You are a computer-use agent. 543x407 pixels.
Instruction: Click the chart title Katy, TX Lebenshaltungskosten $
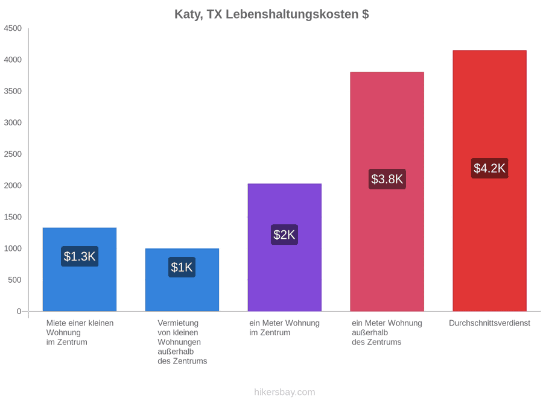pyautogui.click(x=271, y=14)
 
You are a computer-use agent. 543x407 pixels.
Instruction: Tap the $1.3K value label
pyautogui.click(x=80, y=256)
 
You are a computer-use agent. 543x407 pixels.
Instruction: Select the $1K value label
pyautogui.click(x=182, y=267)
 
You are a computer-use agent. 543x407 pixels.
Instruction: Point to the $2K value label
pyautogui.click(x=284, y=235)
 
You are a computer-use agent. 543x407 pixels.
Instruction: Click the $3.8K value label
pyautogui.click(x=387, y=179)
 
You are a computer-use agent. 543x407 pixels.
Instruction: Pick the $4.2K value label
pyautogui.click(x=490, y=168)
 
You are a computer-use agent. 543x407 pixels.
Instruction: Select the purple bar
pyautogui.click(x=285, y=247)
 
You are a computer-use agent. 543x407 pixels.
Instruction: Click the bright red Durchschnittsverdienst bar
pyautogui.click(x=490, y=181)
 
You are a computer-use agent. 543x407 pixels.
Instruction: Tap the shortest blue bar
pyautogui.click(x=182, y=280)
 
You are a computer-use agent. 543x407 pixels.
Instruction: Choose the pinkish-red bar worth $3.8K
pyautogui.click(x=387, y=191)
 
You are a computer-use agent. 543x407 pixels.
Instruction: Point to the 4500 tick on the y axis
pyautogui.click(x=13, y=28)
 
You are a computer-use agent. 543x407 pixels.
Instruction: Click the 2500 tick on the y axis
pyautogui.click(x=13, y=154)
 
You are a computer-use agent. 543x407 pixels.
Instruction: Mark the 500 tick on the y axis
pyautogui.click(x=15, y=280)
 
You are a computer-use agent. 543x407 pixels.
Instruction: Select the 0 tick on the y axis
pyautogui.click(x=19, y=311)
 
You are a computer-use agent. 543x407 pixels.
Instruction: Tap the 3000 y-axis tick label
pyautogui.click(x=13, y=122)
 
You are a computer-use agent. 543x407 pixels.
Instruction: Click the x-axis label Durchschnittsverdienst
pyautogui.click(x=490, y=323)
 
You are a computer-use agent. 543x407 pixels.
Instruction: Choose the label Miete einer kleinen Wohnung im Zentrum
pyautogui.click(x=80, y=332)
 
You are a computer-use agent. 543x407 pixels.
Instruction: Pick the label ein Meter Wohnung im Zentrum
pyautogui.click(x=284, y=328)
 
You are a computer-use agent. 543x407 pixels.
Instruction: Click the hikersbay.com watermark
pyautogui.click(x=285, y=392)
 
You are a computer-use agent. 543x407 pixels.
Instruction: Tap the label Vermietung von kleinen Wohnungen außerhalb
pyautogui.click(x=179, y=337)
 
